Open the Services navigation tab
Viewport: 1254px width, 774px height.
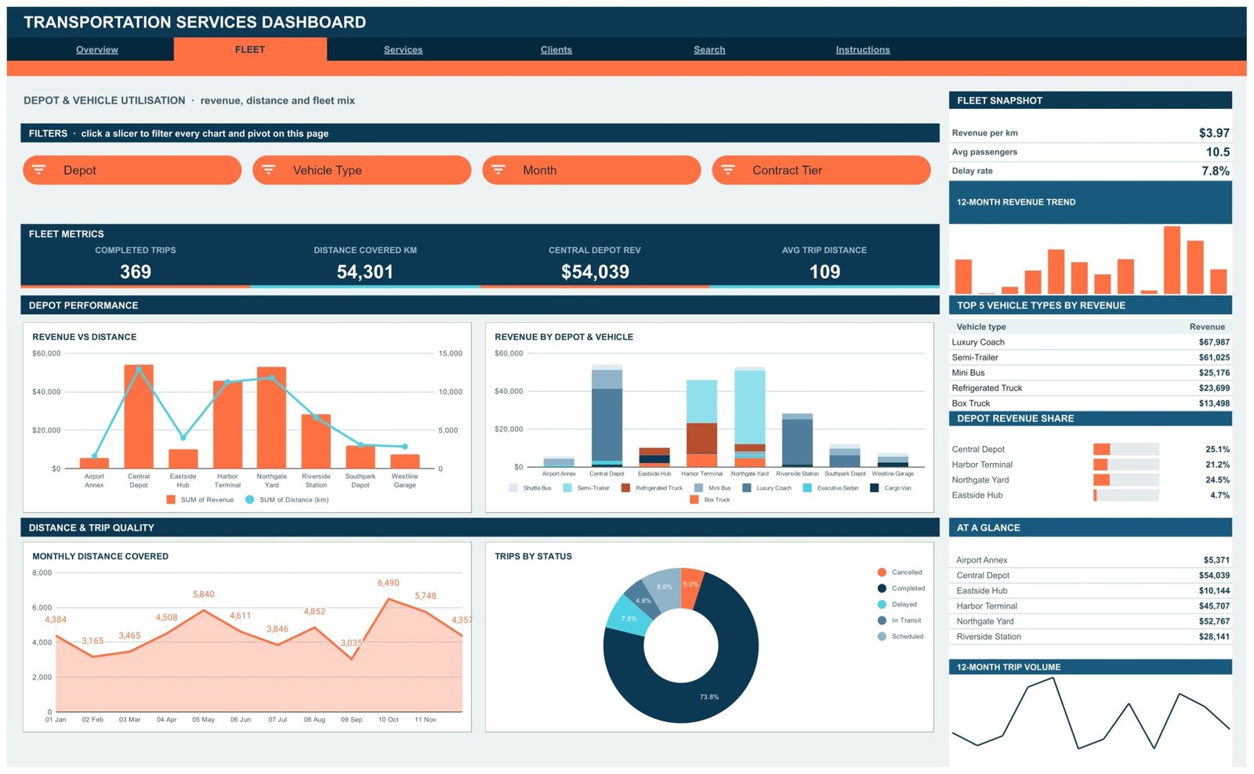(403, 50)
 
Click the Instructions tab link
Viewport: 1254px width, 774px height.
(863, 50)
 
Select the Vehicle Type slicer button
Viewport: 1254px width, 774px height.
(361, 170)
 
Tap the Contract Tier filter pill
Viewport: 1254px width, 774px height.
(821, 170)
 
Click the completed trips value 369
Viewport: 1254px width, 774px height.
(136, 272)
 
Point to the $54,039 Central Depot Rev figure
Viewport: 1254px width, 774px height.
(595, 272)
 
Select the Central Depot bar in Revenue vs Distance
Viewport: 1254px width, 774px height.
(139, 417)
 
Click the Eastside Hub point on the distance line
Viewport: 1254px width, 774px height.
(183, 438)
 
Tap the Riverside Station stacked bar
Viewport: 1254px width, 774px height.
(797, 440)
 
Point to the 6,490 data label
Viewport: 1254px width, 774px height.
(389, 583)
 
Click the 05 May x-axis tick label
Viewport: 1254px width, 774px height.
(203, 720)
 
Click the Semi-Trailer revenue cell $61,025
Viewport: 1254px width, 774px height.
(1214, 357)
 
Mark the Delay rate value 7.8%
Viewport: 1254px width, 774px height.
(1216, 172)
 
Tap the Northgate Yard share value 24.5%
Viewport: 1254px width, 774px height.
(1217, 480)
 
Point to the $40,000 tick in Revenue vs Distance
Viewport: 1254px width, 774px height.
(46, 392)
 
